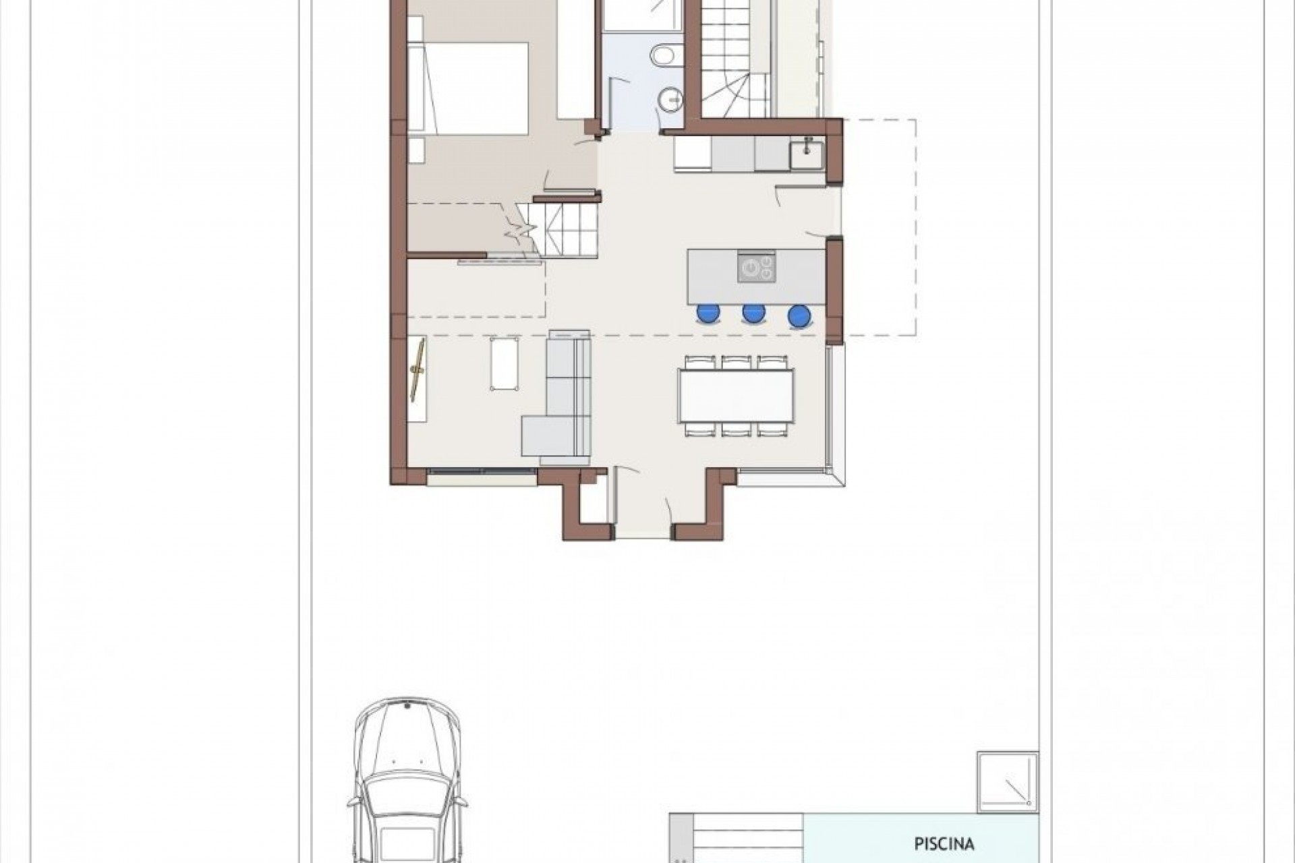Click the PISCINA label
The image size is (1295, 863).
944,843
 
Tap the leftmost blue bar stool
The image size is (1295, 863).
708,314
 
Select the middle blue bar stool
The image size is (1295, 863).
753,314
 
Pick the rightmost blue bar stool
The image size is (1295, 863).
799,316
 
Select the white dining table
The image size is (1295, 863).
737,395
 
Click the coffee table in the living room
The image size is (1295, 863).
505,364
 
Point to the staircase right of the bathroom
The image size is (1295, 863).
735,61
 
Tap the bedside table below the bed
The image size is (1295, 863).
416,150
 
